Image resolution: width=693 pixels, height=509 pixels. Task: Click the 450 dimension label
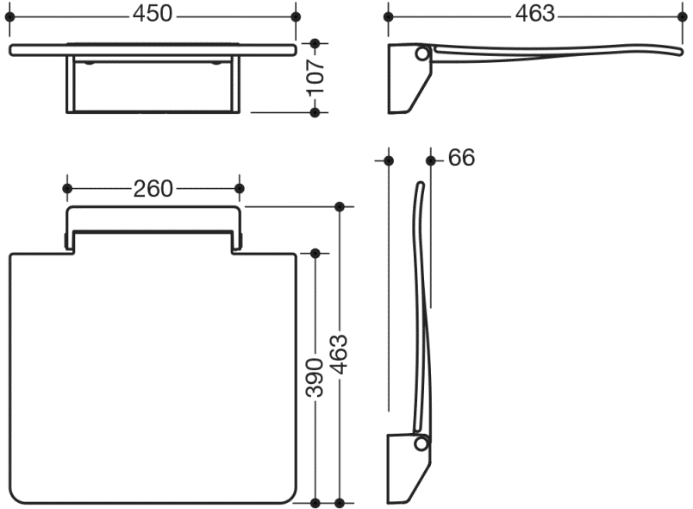coord(153,14)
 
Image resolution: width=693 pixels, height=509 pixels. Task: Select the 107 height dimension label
coord(316,78)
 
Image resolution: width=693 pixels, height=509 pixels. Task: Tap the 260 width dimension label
coord(153,189)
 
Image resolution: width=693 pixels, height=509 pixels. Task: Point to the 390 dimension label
coord(315,378)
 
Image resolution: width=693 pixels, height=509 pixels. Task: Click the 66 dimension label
coord(461,157)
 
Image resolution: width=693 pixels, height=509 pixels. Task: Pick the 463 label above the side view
coord(534,14)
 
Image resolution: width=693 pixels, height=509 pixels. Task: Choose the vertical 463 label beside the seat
coord(340,355)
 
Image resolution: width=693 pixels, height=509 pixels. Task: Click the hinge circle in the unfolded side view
coord(422,54)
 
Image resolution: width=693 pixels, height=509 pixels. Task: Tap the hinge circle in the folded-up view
coord(421,443)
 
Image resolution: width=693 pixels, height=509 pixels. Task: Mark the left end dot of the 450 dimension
coord(9,16)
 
